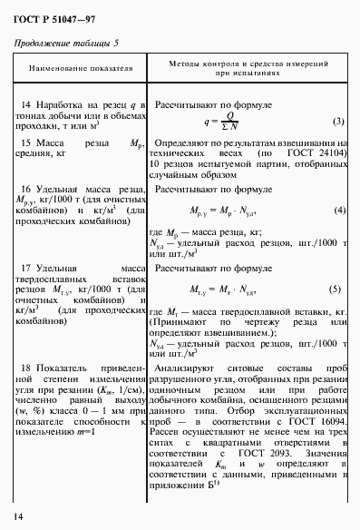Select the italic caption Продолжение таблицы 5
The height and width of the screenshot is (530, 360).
[65, 44]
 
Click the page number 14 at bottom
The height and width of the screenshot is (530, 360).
[19, 516]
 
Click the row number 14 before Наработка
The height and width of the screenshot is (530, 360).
[26, 105]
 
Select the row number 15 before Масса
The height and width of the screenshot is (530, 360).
[26, 142]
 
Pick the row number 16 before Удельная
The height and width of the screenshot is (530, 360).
[26, 188]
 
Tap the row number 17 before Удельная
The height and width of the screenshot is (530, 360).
[26, 269]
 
